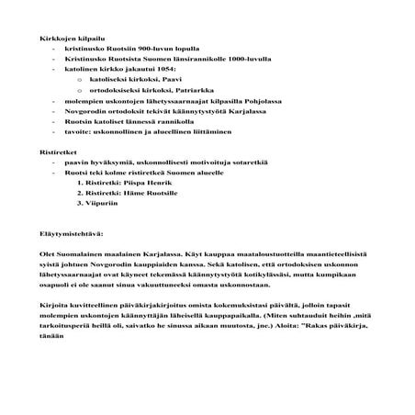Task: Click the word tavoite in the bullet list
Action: [77, 131]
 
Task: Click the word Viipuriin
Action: [107, 204]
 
